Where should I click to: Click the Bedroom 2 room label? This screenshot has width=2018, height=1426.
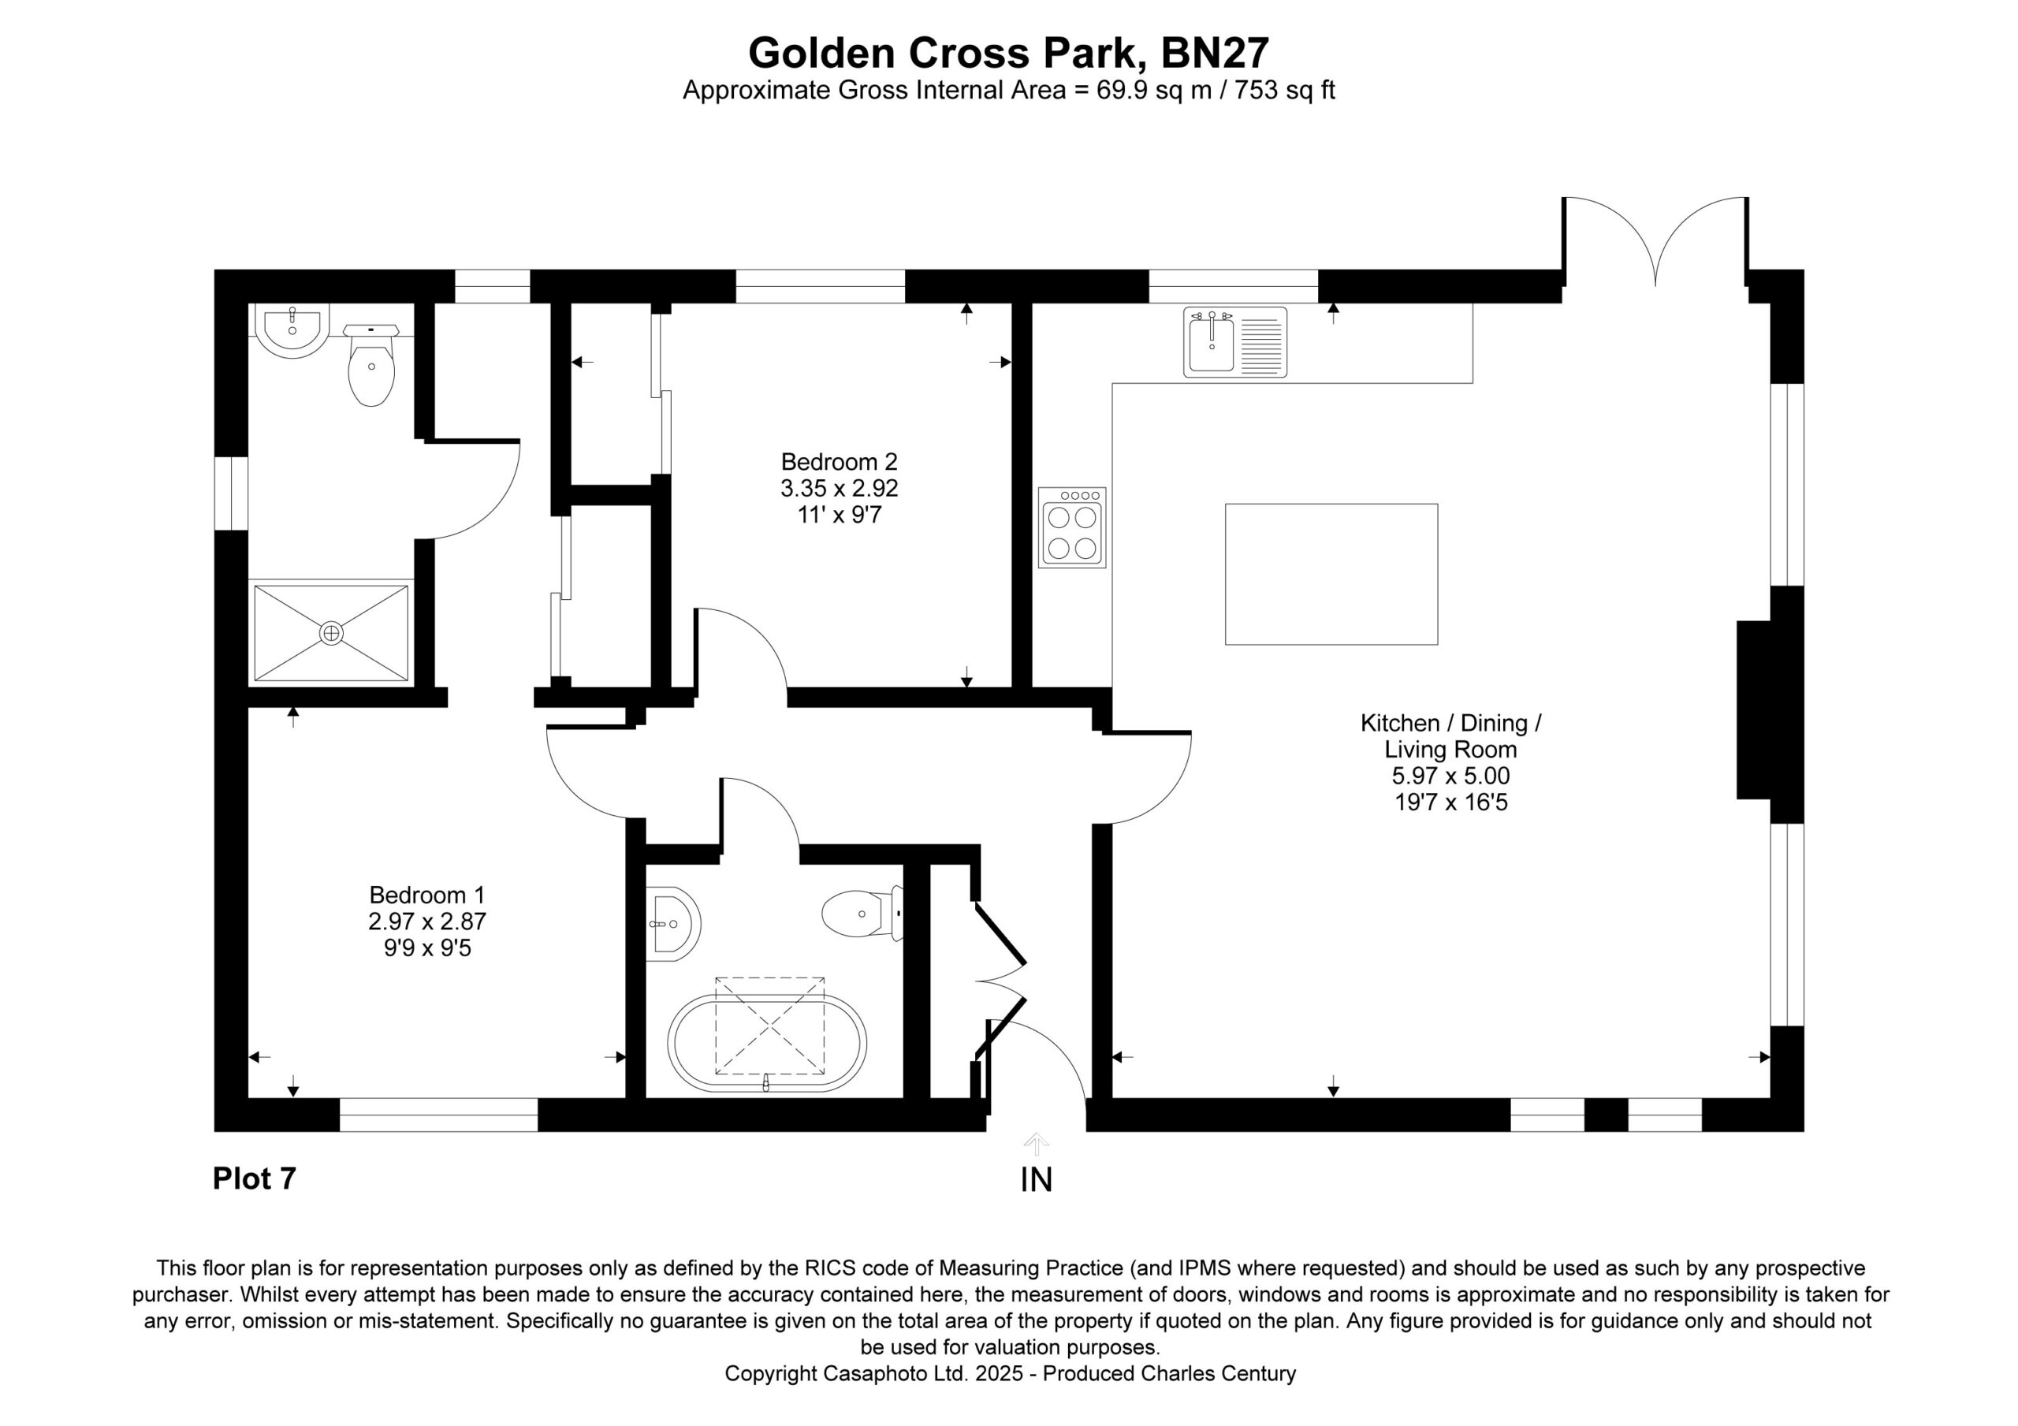840,462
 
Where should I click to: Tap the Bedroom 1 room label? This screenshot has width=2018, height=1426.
427,895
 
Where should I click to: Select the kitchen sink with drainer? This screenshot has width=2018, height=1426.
1235,342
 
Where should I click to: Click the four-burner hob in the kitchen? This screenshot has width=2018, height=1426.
1072,527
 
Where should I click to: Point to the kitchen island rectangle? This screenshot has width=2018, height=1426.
1331,574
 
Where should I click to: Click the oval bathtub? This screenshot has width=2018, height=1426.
767,1044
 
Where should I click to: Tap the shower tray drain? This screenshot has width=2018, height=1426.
331,632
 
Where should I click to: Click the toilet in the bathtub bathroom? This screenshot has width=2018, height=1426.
863,914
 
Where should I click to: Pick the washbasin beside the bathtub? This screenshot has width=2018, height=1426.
672,924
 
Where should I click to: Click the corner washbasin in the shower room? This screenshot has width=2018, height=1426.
292,330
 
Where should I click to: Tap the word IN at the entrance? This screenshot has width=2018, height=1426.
1037,1180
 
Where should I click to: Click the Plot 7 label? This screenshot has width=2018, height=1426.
255,1178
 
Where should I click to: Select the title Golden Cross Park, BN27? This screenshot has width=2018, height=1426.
1009,53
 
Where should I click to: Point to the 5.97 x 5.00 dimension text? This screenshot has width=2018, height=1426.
1451,776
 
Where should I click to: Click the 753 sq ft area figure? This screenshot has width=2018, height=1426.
1285,91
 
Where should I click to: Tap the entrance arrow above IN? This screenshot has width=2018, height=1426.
1037,1144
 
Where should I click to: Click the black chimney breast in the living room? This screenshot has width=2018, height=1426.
1753,710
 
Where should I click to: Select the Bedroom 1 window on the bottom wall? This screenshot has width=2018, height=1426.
438,1115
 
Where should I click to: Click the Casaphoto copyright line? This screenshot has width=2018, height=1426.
1010,1373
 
